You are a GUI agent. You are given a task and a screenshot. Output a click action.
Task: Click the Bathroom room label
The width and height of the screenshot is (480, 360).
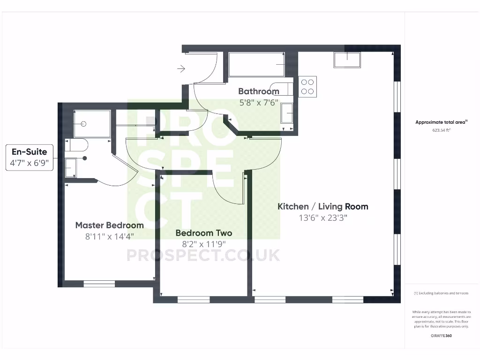(x=258, y=91)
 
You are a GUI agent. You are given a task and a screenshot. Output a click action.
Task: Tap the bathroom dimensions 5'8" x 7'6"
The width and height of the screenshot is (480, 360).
(x=258, y=103)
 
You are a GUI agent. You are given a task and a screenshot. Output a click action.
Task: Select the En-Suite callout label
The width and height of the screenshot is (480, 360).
(x=29, y=152)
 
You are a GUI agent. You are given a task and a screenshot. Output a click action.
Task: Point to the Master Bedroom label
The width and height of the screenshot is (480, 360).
(x=109, y=225)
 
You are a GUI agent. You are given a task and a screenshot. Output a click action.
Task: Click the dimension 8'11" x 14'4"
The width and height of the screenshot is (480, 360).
(x=109, y=236)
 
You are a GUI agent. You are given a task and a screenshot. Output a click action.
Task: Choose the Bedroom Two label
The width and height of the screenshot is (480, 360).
(x=203, y=233)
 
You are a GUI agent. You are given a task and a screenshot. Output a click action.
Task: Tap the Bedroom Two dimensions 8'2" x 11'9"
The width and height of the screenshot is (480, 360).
(x=203, y=244)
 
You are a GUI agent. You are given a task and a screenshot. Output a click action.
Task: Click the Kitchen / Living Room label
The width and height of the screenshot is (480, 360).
(x=323, y=206)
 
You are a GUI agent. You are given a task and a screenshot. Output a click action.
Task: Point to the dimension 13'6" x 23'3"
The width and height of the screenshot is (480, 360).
(x=323, y=217)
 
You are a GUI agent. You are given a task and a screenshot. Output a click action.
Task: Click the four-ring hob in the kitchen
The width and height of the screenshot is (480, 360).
(x=307, y=87)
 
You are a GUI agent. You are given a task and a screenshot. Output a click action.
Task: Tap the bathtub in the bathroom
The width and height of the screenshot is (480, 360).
(x=256, y=64)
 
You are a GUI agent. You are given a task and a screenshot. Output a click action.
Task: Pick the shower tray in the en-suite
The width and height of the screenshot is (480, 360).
(x=92, y=124)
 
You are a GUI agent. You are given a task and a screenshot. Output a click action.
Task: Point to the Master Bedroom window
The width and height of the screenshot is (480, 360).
(x=99, y=284)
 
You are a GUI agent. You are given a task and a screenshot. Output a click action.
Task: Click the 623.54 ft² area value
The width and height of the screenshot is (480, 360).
(x=441, y=131)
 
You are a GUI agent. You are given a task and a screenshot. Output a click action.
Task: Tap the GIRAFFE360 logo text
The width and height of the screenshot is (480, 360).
(x=441, y=336)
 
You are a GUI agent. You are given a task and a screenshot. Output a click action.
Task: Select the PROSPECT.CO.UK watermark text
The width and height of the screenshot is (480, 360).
(x=203, y=255)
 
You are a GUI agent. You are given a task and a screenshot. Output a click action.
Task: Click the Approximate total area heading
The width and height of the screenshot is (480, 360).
(x=441, y=122)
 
